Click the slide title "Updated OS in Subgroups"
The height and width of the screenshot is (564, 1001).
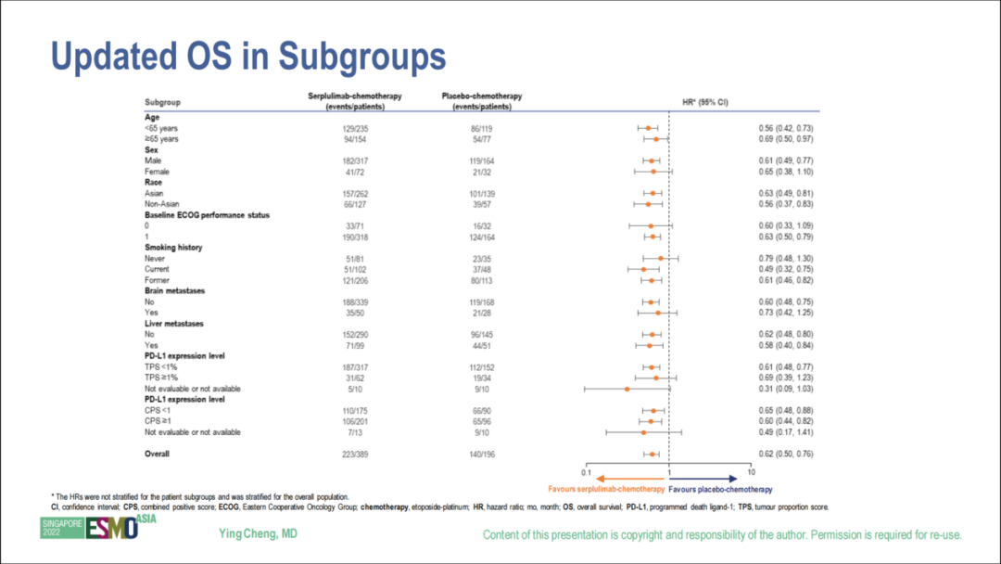tap(248, 57)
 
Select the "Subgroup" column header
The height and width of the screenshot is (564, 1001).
tap(162, 101)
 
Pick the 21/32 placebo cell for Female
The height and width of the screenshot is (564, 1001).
tap(480, 172)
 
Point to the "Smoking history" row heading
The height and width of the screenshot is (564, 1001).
tap(173, 248)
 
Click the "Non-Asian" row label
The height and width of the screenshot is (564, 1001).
tap(162, 204)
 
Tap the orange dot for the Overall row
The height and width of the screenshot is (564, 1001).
tap(653, 455)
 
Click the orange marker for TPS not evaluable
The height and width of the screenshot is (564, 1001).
tap(627, 389)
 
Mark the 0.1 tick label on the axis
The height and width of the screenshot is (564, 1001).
tap(586, 473)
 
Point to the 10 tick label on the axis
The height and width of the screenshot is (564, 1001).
tap(751, 473)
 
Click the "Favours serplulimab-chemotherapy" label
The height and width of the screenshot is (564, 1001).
tap(606, 488)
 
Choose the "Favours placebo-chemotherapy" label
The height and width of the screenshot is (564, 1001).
tap(720, 488)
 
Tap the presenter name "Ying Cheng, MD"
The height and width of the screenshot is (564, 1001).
tap(258, 533)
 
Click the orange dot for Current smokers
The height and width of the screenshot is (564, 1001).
tap(643, 269)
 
